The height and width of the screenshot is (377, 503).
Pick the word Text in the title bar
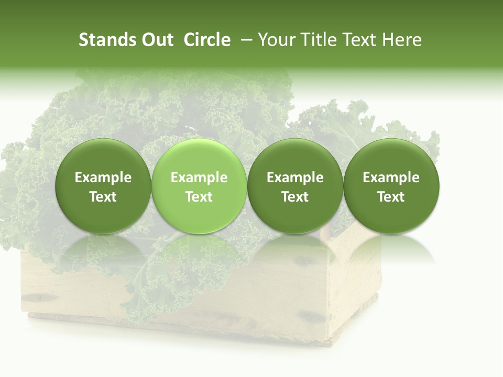(357, 40)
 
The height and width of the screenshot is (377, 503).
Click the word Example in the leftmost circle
(103, 178)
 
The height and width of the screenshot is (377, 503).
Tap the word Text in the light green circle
(199, 197)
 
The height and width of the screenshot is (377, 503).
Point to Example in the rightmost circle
(391, 178)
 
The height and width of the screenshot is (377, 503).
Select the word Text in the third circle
(295, 197)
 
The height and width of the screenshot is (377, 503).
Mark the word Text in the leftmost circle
(103, 197)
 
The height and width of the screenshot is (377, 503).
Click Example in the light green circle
(199, 178)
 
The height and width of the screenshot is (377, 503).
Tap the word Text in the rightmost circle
(391, 197)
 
